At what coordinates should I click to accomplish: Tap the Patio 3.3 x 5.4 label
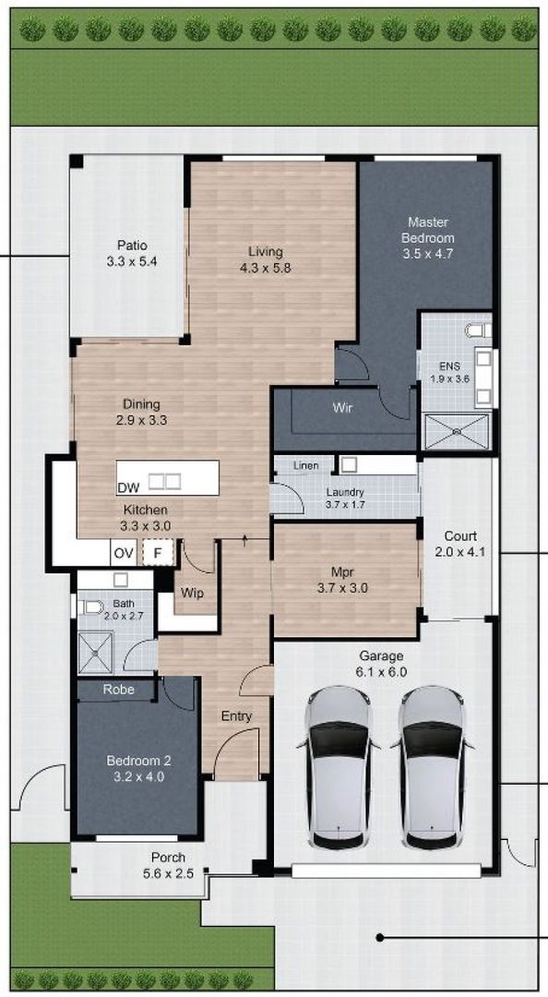pyautogui.click(x=132, y=253)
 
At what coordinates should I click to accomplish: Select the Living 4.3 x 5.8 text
pyautogui.click(x=265, y=259)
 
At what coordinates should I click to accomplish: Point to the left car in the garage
pyautogui.click(x=338, y=766)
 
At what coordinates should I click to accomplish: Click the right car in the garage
pyautogui.click(x=432, y=766)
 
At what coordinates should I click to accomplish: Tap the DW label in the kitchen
pyautogui.click(x=128, y=487)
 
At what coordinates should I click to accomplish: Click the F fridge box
pyautogui.click(x=158, y=554)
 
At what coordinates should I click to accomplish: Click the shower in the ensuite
pyautogui.click(x=456, y=431)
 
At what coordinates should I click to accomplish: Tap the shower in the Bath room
pyautogui.click(x=95, y=653)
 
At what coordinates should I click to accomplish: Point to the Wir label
pyautogui.click(x=342, y=407)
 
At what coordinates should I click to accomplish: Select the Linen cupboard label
pyautogui.click(x=306, y=466)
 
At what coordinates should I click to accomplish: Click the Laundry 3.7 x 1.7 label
pyautogui.click(x=345, y=498)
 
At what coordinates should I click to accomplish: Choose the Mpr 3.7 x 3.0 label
pyautogui.click(x=344, y=578)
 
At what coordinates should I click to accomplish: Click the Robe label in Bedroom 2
pyautogui.click(x=118, y=689)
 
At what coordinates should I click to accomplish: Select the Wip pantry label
pyautogui.click(x=193, y=594)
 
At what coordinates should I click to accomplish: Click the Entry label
pyautogui.click(x=236, y=716)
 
